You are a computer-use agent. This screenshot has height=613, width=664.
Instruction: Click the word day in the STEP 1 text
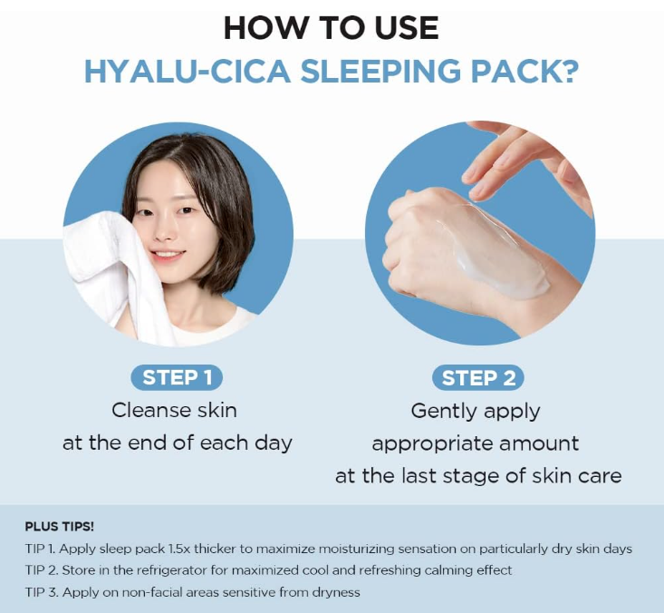[x=274, y=443]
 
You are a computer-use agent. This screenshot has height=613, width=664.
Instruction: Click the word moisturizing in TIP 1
[x=413, y=550]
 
